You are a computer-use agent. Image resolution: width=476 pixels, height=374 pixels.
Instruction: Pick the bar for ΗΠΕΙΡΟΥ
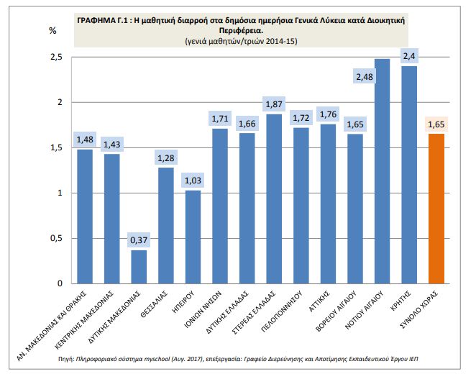click(x=193, y=237)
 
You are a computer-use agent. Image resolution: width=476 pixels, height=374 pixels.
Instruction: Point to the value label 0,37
click(x=139, y=239)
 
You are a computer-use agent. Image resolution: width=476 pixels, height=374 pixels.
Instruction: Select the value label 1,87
click(x=274, y=104)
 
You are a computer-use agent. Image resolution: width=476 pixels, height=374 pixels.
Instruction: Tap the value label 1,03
click(x=193, y=179)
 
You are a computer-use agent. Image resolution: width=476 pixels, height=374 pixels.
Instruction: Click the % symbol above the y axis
click(x=52, y=30)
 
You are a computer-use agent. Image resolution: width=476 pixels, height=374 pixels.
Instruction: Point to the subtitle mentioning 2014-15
click(x=241, y=42)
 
